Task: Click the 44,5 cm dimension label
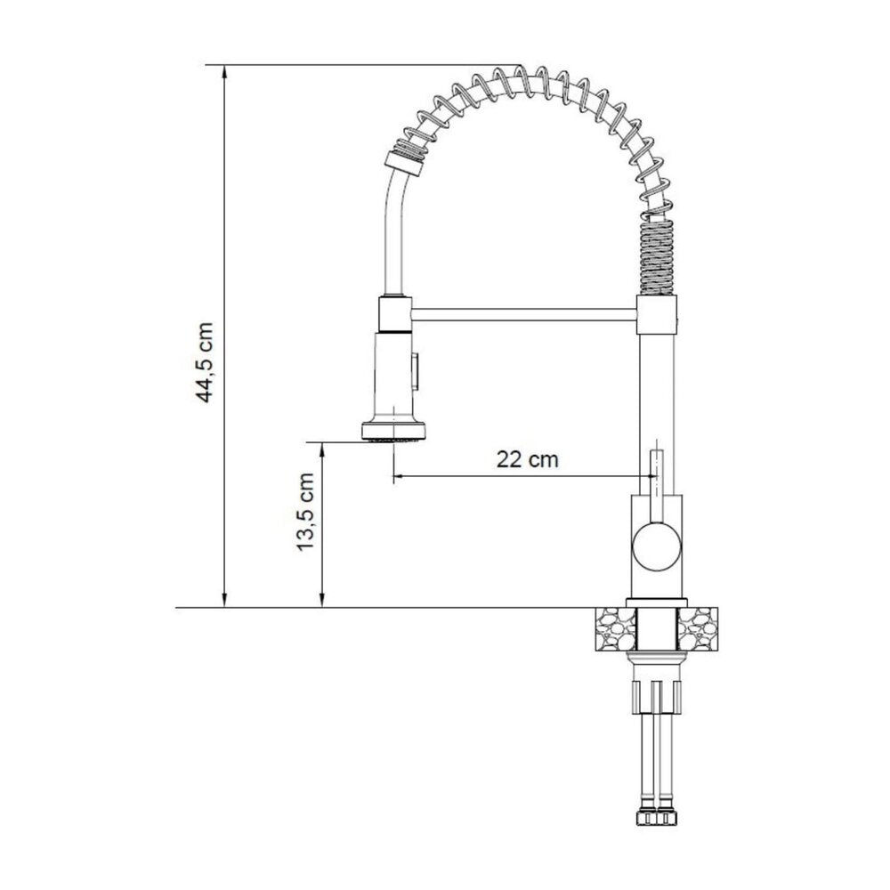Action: tap(205, 363)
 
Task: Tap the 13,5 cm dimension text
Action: tap(306, 512)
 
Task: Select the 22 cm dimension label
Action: tap(527, 458)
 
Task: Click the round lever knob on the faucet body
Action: tap(657, 546)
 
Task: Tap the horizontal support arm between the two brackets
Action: tap(523, 314)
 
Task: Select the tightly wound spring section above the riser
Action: tap(657, 253)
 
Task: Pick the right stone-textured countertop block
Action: tap(698, 629)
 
